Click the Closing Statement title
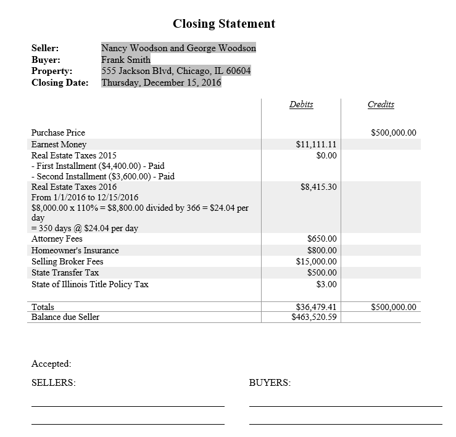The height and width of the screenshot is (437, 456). pos(224,24)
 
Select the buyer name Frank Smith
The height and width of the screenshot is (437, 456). pos(126,60)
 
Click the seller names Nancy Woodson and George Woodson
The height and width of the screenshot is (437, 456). pos(178,48)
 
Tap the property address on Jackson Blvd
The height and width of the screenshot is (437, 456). pos(176,71)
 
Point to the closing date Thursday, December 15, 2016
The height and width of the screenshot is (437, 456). pos(161,83)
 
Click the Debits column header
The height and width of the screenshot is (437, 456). pos(301,104)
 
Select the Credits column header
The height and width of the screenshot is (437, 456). pos(381,104)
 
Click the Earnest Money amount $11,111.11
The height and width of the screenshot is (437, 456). pos(317,144)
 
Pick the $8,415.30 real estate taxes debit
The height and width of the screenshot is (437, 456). pos(318,187)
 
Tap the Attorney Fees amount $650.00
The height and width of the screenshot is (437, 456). pos(322,239)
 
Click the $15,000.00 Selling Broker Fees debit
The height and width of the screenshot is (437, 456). pos(317,261)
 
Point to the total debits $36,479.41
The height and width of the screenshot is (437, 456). pos(317,307)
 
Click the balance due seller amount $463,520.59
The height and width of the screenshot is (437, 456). pos(315,317)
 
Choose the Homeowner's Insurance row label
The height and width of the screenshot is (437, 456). pos(75,250)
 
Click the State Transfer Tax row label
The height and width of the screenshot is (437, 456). pos(65,272)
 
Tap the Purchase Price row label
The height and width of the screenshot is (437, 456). pos(59,133)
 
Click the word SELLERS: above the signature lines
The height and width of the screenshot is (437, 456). pos(54,383)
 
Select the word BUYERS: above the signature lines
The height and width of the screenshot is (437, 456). pos(270,383)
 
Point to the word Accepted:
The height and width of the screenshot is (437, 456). pos(51,364)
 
